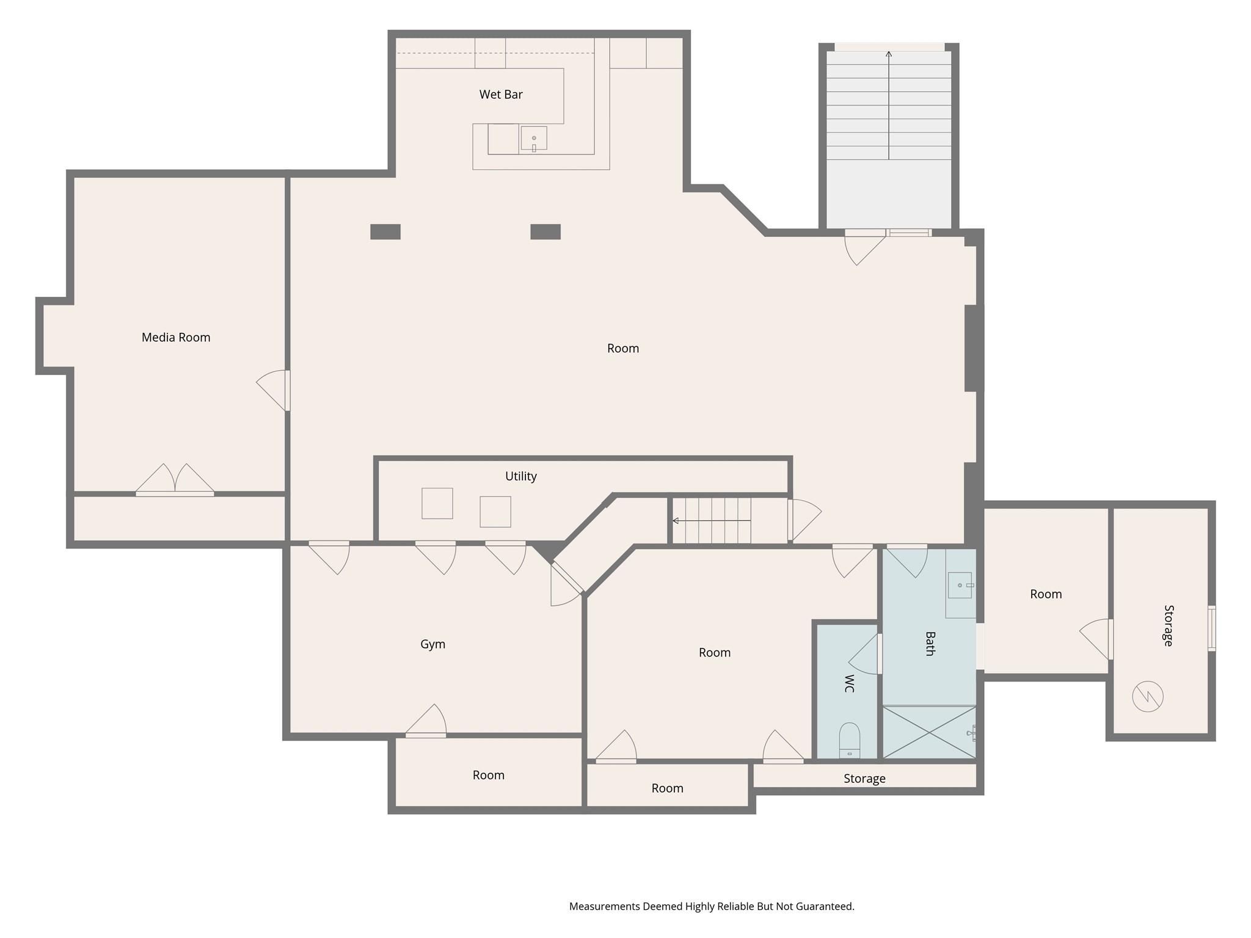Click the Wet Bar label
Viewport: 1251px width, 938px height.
point(500,95)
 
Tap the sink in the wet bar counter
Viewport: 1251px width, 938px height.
point(533,139)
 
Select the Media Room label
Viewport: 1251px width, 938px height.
point(176,337)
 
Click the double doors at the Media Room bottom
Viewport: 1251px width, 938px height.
point(175,479)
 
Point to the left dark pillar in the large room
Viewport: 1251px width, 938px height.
point(385,232)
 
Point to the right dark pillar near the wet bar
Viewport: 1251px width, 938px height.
point(545,232)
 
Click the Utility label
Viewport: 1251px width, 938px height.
point(520,476)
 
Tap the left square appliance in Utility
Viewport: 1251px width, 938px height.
point(437,503)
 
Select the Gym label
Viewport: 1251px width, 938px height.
point(432,644)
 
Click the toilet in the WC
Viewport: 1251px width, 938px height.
point(849,740)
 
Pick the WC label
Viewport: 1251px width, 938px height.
point(849,683)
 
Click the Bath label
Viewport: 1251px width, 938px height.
point(930,644)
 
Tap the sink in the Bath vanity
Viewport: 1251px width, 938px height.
point(960,585)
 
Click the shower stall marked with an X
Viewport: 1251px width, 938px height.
point(928,732)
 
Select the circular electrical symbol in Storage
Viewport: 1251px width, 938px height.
point(1147,696)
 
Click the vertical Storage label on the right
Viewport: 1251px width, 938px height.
point(1168,625)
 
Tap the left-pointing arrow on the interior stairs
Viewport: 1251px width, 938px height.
point(676,521)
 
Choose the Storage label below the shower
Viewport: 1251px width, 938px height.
point(864,779)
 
